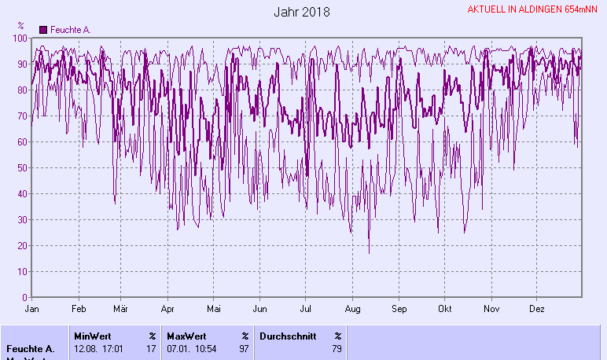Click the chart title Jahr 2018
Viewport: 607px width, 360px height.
(x=302, y=13)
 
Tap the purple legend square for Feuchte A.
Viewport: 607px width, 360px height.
(x=43, y=30)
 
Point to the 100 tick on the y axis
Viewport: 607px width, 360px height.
(x=21, y=38)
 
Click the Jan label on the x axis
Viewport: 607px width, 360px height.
(x=32, y=309)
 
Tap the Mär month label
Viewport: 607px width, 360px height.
(x=121, y=309)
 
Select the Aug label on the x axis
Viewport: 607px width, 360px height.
(x=352, y=309)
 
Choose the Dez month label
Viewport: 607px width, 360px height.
(x=538, y=309)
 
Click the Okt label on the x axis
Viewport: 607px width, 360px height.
(x=446, y=309)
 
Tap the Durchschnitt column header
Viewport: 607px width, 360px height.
(x=287, y=336)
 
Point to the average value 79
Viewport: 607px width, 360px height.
(x=337, y=348)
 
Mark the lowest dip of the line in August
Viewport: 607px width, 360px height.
(x=369, y=253)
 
